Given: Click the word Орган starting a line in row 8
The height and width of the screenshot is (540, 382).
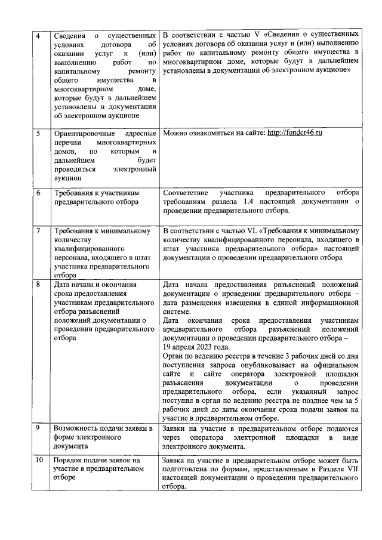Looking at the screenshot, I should (174, 356).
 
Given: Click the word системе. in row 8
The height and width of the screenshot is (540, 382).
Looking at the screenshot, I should (177, 311).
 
